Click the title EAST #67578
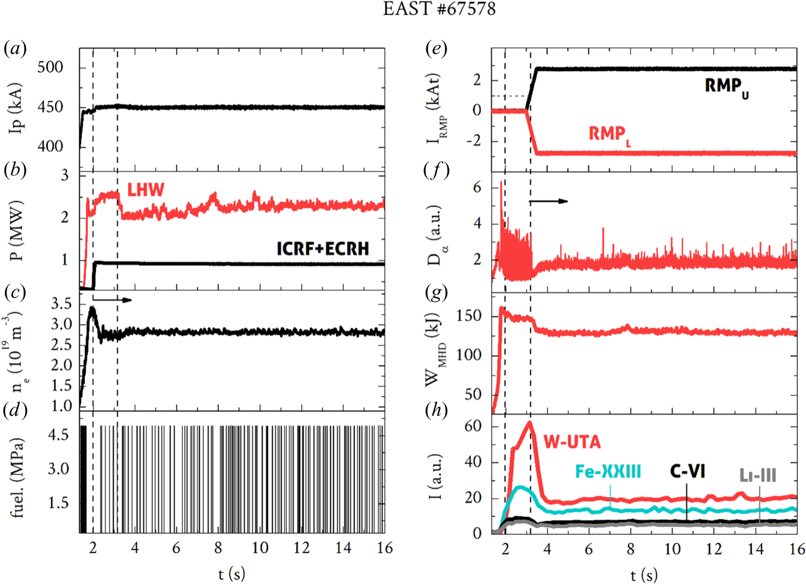pyautogui.click(x=439, y=9)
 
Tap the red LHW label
pyautogui.click(x=146, y=190)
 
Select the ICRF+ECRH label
pyautogui.click(x=323, y=248)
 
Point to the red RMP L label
pyautogui.click(x=609, y=135)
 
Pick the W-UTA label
pyautogui.click(x=572, y=442)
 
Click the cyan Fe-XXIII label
pyautogui.click(x=608, y=471)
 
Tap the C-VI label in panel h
pyautogui.click(x=687, y=471)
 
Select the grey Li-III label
pyautogui.click(x=757, y=475)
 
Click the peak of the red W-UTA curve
pyautogui.click(x=529, y=422)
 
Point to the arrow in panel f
pyautogui.click(x=549, y=201)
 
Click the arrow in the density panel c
pyautogui.click(x=113, y=300)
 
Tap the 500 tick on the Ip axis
pyautogui.click(x=50, y=67)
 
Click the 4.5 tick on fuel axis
pyautogui.click(x=58, y=435)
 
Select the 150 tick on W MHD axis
pyautogui.click(x=469, y=316)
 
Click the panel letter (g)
pyautogui.click(x=437, y=292)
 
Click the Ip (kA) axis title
pyautogui.click(x=16, y=108)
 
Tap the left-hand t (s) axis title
pyautogui.click(x=231, y=574)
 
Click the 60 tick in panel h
pyautogui.click(x=473, y=426)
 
